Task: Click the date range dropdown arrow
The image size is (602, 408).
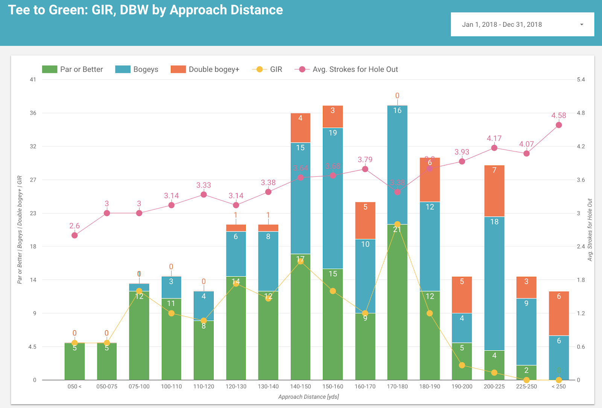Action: click(x=582, y=25)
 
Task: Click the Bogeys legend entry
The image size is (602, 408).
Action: click(x=137, y=70)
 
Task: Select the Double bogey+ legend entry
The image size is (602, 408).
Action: click(x=205, y=70)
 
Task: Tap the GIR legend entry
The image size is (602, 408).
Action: click(x=268, y=70)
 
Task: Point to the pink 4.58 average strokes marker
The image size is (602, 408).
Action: click(x=559, y=125)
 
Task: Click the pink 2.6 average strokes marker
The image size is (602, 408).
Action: click(x=74, y=235)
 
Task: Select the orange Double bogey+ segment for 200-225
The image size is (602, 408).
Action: click(x=494, y=191)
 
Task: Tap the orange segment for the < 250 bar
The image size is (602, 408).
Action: click(x=559, y=313)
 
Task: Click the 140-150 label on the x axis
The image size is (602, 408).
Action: click(x=301, y=387)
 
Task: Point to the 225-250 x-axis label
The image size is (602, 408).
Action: click(x=526, y=387)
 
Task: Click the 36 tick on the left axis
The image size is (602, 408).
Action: click(x=33, y=113)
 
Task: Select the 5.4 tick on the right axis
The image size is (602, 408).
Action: click(x=581, y=80)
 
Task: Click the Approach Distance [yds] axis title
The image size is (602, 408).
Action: click(x=309, y=397)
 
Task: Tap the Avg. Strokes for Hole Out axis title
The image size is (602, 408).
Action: click(x=590, y=229)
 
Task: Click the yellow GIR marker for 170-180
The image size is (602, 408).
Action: click(x=397, y=224)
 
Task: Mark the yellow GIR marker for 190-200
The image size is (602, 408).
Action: click(x=462, y=365)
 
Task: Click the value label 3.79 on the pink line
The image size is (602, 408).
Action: click(x=365, y=160)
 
